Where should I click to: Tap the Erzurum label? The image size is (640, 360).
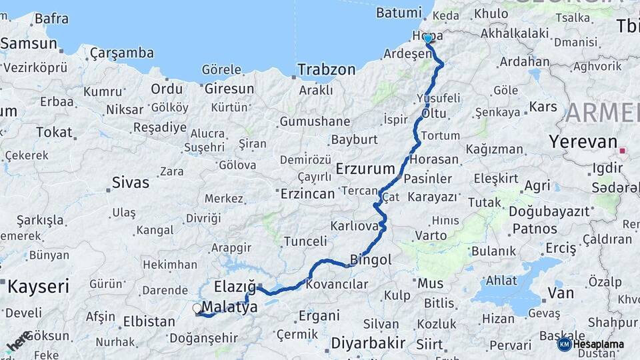pos(365,169)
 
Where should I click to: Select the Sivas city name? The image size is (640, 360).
pos(131,182)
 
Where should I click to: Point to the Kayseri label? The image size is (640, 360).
pos(38,287)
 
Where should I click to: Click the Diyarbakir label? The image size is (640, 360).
pos(368,343)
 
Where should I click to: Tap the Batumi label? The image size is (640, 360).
pos(399,13)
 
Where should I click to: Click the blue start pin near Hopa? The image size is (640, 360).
pos(427,39)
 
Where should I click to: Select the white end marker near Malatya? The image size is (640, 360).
pos(197,309)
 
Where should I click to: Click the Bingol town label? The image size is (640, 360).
pos(371,259)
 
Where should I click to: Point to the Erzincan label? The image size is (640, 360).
pos(307,194)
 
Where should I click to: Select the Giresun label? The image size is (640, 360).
pos(229,89)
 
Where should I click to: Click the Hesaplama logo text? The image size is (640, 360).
pos(599,345)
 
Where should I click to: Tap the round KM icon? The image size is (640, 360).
pos(565,344)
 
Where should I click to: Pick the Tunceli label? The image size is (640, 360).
pos(305,241)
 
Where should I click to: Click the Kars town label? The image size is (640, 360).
pos(543,107)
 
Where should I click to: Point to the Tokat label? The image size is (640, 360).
pos(54,132)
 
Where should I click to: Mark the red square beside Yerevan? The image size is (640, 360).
pos(622,151)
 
